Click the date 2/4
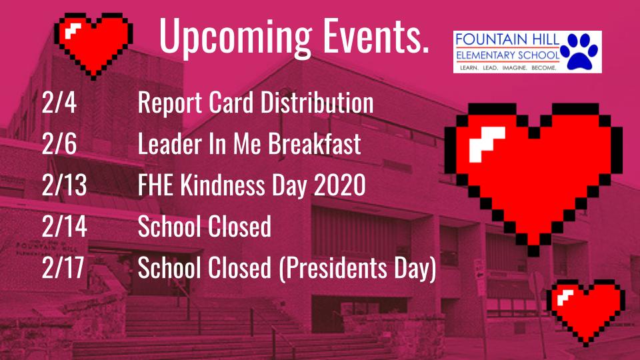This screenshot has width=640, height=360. point(59,102)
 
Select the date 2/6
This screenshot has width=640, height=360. point(59,143)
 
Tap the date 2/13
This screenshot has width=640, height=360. point(65,185)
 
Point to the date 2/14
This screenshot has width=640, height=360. point(65,226)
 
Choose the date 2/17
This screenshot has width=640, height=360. point(63,267)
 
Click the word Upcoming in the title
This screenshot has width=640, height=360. point(235,37)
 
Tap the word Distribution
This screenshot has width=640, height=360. point(317,102)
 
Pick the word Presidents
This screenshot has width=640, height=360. point(333,268)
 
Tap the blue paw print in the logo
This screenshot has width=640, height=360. point(579,51)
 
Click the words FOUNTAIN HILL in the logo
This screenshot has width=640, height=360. point(507,40)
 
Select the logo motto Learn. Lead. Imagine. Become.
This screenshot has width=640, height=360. point(508,68)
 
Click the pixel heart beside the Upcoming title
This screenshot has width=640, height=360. point(93,45)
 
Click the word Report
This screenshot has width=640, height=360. point(170,103)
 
